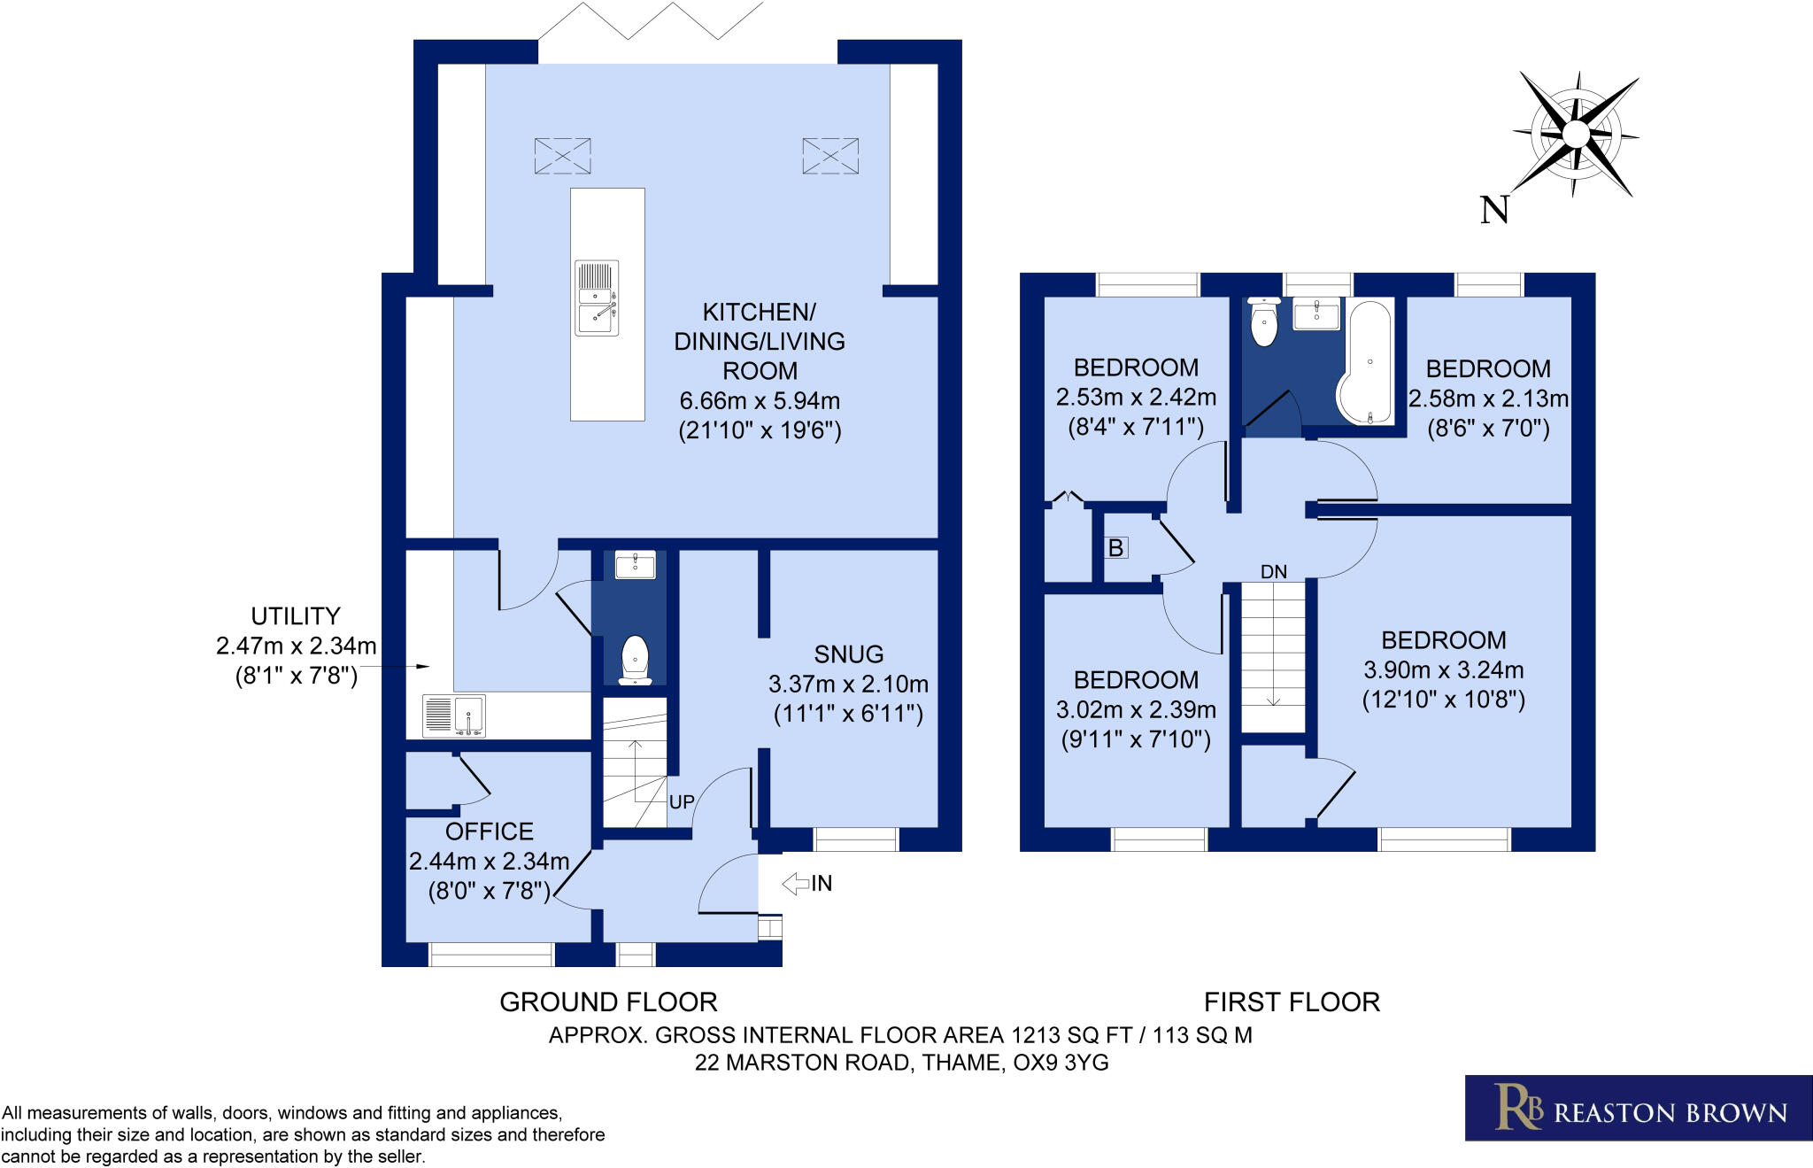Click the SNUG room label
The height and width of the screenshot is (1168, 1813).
pos(848,654)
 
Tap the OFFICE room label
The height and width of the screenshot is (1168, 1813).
pos(489,832)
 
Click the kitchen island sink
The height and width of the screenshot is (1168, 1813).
pos(596,298)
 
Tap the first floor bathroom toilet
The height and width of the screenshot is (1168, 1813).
pos(1263,322)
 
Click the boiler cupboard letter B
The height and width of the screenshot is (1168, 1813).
pos(1115,548)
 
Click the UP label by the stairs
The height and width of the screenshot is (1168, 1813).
pos(681,802)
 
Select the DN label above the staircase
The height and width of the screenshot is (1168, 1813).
pos(1273,572)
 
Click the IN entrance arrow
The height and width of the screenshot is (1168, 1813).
pos(798,883)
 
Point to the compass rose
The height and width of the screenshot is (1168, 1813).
pos(1576,135)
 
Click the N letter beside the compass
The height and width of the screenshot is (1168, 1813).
pos(1494,210)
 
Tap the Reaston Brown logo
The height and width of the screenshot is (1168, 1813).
pos(1638,1108)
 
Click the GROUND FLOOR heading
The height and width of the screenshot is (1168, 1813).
pos(608,1002)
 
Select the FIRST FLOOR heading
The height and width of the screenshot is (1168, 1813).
pos(1292,1002)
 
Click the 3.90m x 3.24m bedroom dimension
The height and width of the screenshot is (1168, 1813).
pos(1443,670)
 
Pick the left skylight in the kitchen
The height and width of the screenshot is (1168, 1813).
pos(562,156)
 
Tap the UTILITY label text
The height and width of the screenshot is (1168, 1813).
pos(296,616)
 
